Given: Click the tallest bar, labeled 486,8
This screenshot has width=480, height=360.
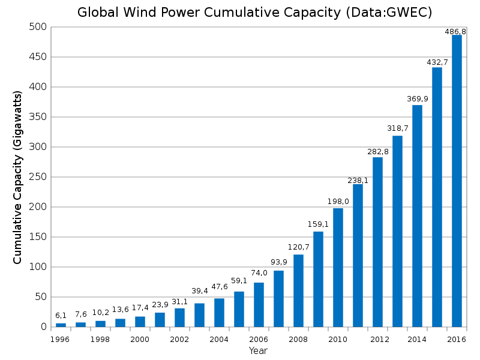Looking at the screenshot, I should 457,181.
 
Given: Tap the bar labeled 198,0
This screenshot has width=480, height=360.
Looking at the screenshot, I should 338,268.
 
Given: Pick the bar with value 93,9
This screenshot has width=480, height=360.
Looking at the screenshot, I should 278,299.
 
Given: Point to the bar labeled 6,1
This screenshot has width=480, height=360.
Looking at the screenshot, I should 61,325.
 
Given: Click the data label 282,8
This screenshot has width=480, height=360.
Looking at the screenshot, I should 378,152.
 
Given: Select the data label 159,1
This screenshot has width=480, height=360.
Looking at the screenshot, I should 318,224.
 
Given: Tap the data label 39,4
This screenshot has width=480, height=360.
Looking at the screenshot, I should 199,292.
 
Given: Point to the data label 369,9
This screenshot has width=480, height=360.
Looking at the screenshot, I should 417,99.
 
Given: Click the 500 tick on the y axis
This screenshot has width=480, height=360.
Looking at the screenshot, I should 38,27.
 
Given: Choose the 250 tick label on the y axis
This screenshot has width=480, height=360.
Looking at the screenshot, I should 38,177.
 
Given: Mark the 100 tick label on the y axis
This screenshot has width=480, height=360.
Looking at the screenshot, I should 38,267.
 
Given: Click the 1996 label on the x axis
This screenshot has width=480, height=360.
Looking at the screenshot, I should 61,340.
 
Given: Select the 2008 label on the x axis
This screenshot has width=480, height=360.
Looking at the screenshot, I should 298,340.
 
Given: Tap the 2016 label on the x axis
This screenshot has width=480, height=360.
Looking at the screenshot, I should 457,340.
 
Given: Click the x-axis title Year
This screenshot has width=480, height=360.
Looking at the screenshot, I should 258,350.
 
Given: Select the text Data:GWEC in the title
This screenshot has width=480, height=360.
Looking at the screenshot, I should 391,13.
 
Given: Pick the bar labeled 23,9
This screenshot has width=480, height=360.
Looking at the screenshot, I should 160,320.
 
